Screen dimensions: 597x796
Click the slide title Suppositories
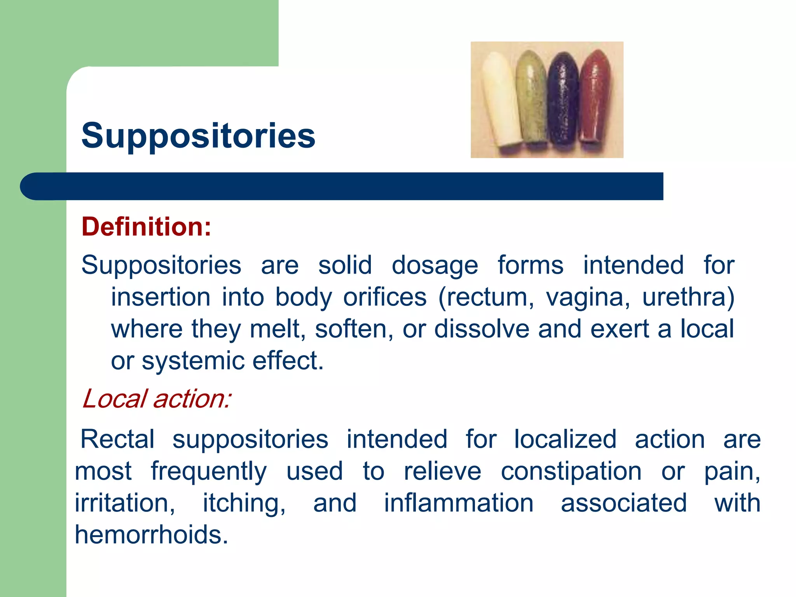click(x=198, y=136)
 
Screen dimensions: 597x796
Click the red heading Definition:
click(x=147, y=227)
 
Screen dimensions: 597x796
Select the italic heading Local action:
click(x=157, y=399)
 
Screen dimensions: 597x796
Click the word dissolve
click(x=481, y=329)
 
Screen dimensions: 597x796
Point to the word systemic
click(x=193, y=361)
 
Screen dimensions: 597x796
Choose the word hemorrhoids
click(x=151, y=535)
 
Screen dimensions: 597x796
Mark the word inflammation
click(x=459, y=503)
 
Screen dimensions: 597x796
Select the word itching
click(x=244, y=503)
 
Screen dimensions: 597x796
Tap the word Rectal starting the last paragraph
click(x=117, y=440)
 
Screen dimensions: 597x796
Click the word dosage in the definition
click(x=435, y=266)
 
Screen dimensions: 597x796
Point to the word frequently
click(x=209, y=472)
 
